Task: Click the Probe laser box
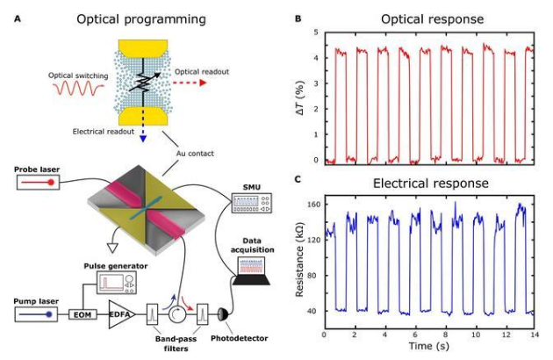click(x=38, y=183)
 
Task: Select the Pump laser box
click(x=36, y=314)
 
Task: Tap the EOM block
click(x=83, y=314)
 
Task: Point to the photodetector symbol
click(x=224, y=314)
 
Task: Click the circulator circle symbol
click(x=177, y=314)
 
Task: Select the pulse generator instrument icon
click(x=117, y=283)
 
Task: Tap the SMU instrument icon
click(x=251, y=203)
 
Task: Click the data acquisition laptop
click(x=251, y=270)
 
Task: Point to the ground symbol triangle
click(x=113, y=248)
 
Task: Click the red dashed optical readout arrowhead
click(x=203, y=83)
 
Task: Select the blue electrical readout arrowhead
click(x=143, y=139)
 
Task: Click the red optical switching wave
click(x=79, y=88)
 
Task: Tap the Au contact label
click(x=195, y=154)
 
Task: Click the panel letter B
click(x=298, y=18)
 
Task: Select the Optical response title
click(x=433, y=19)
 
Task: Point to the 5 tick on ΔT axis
click(x=316, y=32)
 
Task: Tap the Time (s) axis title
click(x=429, y=346)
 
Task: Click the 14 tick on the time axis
click(x=535, y=334)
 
